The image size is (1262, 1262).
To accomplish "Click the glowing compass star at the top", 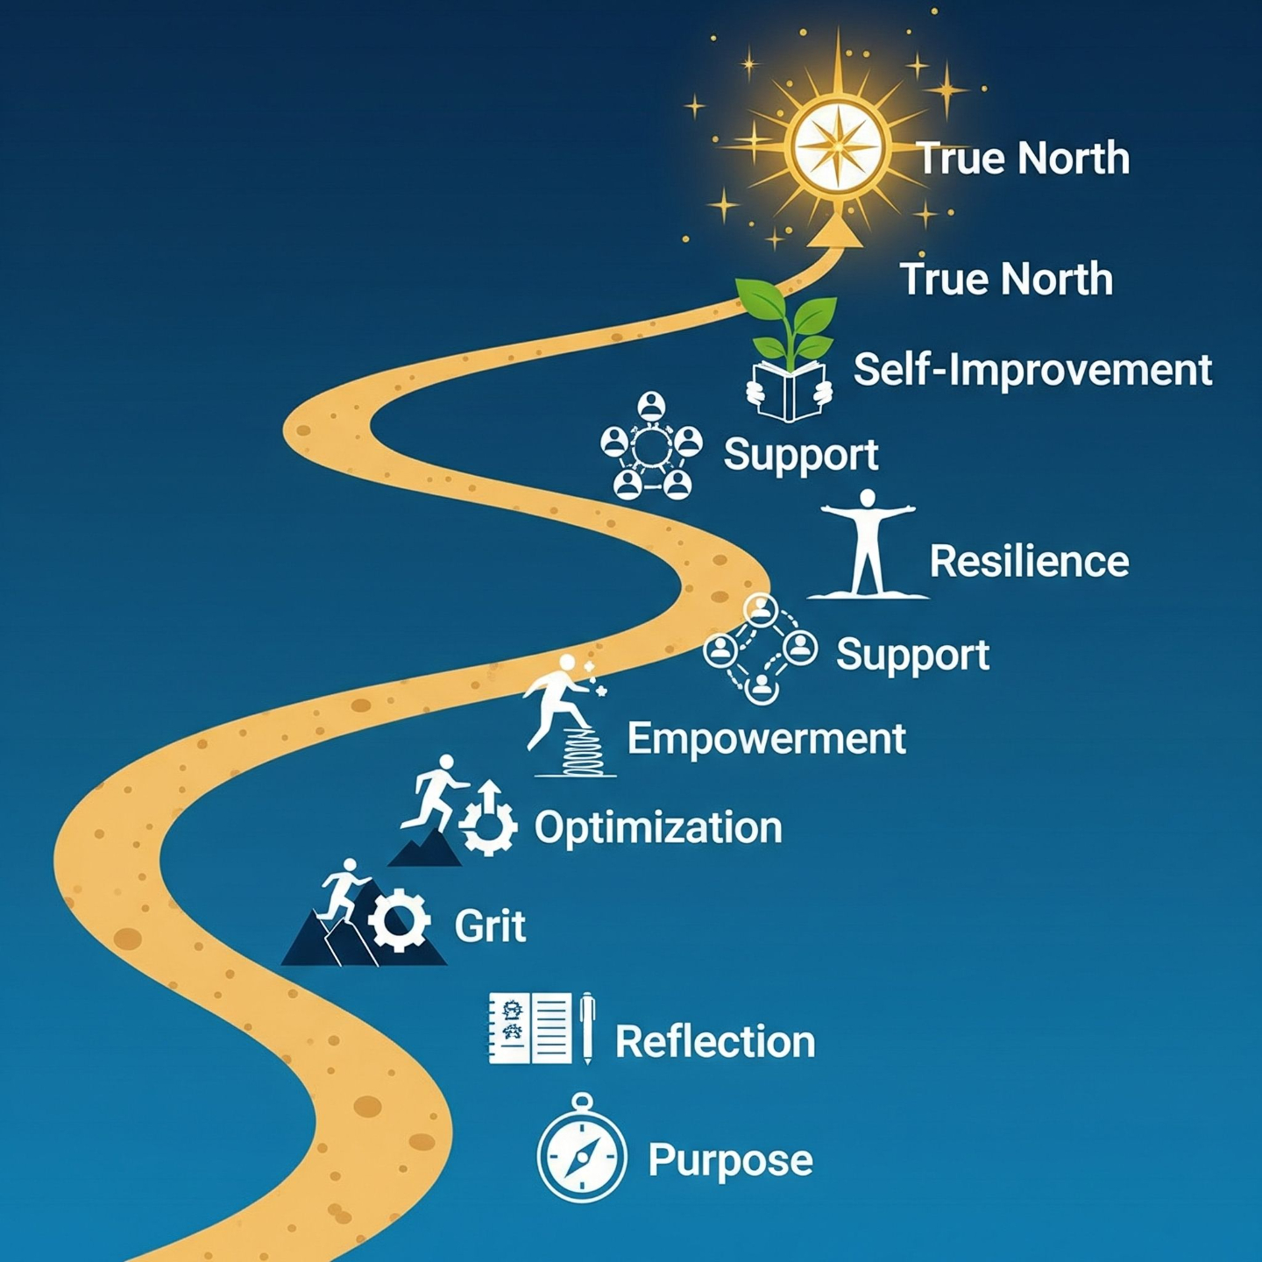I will pyautogui.click(x=840, y=145).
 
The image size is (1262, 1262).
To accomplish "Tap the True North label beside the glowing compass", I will pyautogui.click(x=1023, y=159).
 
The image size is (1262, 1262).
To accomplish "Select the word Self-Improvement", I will pyautogui.click(x=1032, y=369).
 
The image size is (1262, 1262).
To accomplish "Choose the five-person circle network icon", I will pyautogui.click(x=651, y=446).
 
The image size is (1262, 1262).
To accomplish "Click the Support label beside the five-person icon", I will pyautogui.click(x=800, y=455).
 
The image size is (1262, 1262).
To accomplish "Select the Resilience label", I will pyautogui.click(x=1029, y=562).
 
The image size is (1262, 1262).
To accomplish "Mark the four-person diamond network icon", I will pyautogui.click(x=760, y=648).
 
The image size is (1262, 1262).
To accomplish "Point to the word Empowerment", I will pyautogui.click(x=766, y=739).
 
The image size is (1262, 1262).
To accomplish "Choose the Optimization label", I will pyautogui.click(x=658, y=827).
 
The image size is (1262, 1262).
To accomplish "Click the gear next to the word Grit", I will pyautogui.click(x=399, y=920).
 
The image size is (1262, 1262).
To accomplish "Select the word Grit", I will pyautogui.click(x=490, y=925).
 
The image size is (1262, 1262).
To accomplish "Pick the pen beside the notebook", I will pyautogui.click(x=586, y=1027).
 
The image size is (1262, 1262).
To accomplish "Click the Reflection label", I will pyautogui.click(x=715, y=1042).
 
